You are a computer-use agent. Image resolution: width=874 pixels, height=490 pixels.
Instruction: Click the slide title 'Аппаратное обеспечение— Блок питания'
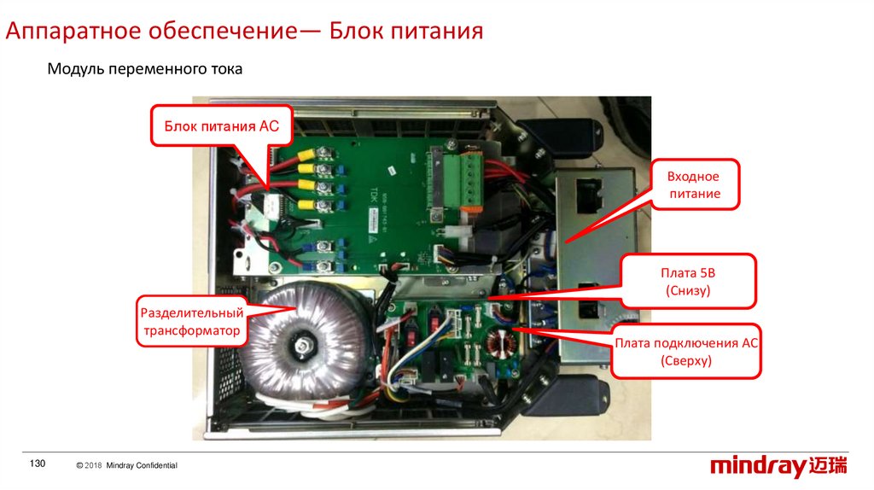244,31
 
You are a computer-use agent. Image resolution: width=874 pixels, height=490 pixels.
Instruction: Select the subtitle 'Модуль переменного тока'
145,69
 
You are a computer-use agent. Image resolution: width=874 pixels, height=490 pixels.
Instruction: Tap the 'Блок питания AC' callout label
221,126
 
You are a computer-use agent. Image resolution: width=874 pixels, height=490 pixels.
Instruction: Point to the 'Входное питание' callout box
695,184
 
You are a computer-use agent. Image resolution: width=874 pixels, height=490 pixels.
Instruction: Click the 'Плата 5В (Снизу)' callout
688,282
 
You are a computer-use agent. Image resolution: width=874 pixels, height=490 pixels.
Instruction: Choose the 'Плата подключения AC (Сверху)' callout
686,351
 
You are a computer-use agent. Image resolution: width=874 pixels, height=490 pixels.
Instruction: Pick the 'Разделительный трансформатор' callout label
192,322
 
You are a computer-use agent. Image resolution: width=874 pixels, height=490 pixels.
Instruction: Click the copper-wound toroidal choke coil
500,344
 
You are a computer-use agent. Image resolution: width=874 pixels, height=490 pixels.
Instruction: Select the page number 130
38,464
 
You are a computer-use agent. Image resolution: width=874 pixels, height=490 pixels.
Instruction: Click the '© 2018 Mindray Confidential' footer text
126,465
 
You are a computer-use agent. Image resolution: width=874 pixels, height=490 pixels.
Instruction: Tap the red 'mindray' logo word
758,466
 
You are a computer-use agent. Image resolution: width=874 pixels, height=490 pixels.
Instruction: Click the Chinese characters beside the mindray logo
828,465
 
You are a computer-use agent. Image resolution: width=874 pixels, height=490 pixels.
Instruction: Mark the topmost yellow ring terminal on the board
305,153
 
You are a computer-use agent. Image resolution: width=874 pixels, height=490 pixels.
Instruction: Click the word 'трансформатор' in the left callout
192,330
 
